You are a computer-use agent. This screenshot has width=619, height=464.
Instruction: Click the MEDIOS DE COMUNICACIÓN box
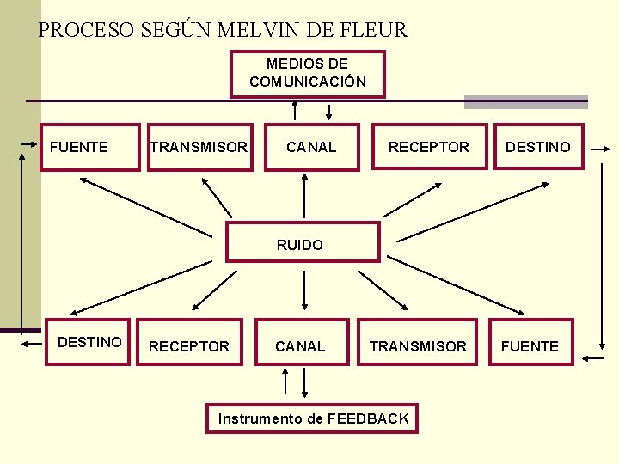(308, 74)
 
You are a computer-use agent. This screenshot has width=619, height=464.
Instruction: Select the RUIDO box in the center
(302, 242)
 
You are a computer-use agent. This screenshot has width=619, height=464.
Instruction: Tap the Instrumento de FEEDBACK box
(314, 418)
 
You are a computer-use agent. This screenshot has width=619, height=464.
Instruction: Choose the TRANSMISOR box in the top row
(199, 147)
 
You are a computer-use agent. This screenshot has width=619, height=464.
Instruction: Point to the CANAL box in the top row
(311, 147)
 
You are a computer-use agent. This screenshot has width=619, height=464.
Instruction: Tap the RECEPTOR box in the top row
(429, 147)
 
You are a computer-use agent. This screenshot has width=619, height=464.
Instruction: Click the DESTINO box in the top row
(538, 147)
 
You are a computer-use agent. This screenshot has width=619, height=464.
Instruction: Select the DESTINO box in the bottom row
(89, 341)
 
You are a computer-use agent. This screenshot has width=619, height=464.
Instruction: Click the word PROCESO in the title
(87, 31)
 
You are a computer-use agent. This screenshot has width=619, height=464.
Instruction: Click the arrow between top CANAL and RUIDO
(303, 196)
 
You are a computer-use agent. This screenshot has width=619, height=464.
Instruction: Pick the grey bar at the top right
(526, 101)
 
